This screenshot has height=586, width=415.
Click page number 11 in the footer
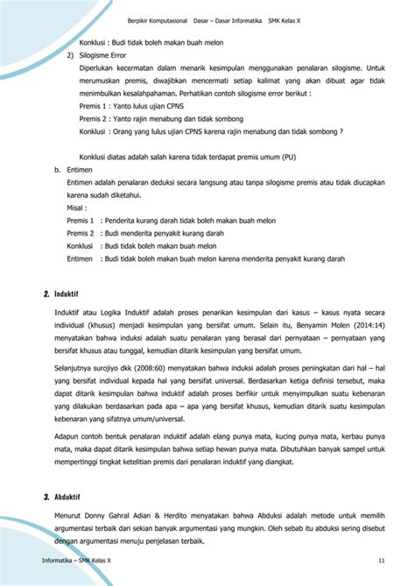tap(382, 561)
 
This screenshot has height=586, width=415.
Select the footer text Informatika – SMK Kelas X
tap(79, 561)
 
